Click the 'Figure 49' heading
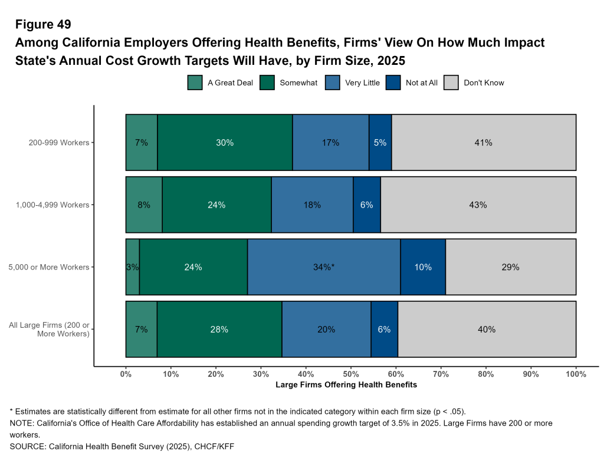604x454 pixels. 43,24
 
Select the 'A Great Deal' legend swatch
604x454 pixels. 195,83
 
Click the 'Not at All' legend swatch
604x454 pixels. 393,83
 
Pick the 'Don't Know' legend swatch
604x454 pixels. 451,83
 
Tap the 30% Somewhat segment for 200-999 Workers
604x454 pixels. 225,143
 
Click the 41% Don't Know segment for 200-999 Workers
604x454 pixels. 484,143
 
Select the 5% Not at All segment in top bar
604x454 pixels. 380,143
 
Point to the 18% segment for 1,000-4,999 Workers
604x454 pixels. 312,205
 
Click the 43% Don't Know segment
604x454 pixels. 478,205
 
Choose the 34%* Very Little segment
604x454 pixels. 324,267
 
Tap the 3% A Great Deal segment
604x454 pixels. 133,267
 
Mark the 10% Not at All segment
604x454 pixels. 423,267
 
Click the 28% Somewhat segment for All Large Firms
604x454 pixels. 219,330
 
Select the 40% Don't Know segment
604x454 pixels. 487,330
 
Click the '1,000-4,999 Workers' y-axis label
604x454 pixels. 54,205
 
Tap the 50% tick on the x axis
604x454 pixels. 351,374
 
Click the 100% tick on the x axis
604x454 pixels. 576,374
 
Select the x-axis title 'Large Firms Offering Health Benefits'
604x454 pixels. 346,385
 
